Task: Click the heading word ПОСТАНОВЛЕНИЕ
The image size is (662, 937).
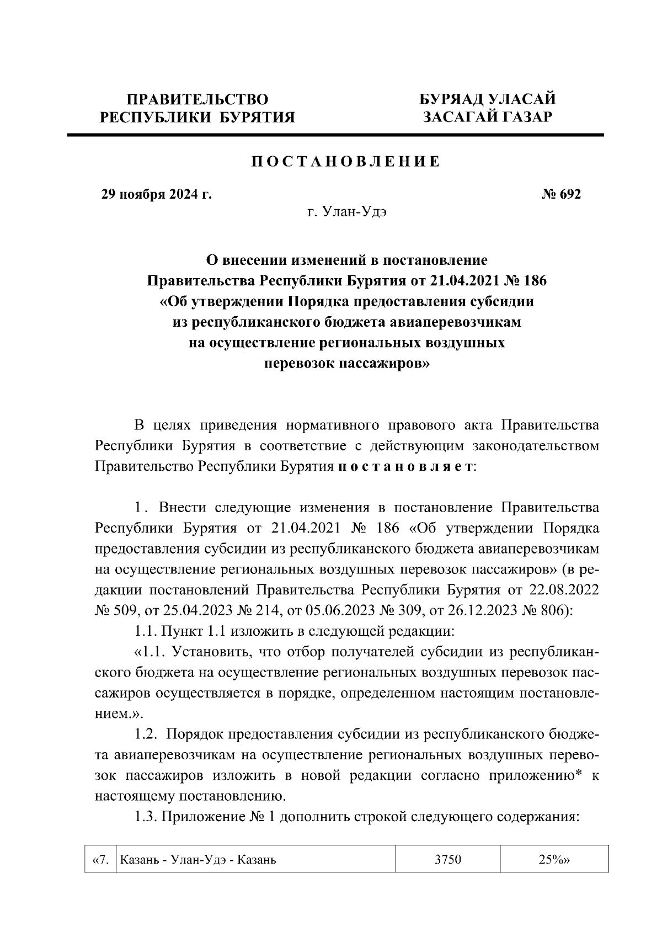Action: tap(346, 162)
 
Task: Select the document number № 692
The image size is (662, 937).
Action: tap(562, 195)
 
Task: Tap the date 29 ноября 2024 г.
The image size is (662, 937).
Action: tap(156, 195)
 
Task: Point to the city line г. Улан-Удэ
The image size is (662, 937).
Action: tap(346, 212)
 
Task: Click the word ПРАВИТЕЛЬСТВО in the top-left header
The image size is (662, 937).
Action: tap(197, 100)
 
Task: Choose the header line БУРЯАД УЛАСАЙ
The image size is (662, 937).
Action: tap(487, 100)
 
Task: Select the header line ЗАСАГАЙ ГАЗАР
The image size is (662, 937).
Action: tap(487, 117)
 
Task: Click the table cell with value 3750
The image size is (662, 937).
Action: tap(447, 860)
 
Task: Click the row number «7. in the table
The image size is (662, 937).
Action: tap(100, 860)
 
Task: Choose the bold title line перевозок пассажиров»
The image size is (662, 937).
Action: tap(346, 364)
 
